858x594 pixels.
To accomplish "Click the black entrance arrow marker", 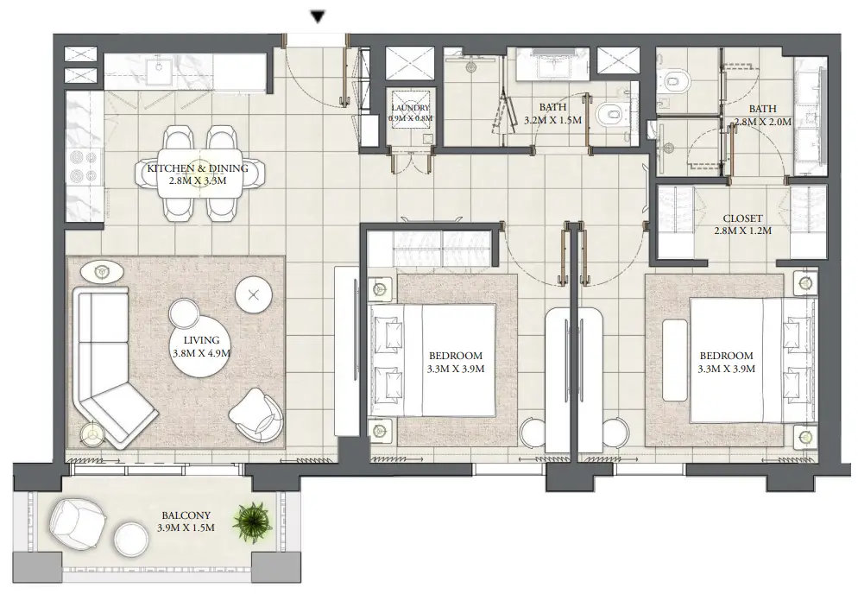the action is click(x=318, y=17).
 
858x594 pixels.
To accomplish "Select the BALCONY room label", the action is click(x=186, y=515).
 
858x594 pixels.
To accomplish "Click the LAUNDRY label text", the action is click(x=410, y=108).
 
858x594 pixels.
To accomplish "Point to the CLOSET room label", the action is click(x=742, y=218).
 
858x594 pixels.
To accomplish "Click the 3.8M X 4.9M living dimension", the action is click(x=201, y=353).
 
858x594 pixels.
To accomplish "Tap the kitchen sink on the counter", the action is click(x=160, y=66).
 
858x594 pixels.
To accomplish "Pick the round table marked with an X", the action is click(x=254, y=295).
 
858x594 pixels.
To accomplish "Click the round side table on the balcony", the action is click(x=131, y=539).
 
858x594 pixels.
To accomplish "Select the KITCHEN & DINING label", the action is click(x=198, y=168).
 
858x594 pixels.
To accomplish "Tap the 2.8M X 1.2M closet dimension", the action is click(x=742, y=231).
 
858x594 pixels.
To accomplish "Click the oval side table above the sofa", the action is click(x=102, y=272).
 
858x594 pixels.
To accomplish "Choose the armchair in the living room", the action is click(x=256, y=414).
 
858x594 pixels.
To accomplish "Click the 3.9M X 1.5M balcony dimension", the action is click(x=186, y=528).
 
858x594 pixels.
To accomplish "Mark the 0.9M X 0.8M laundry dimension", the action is click(x=410, y=117).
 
